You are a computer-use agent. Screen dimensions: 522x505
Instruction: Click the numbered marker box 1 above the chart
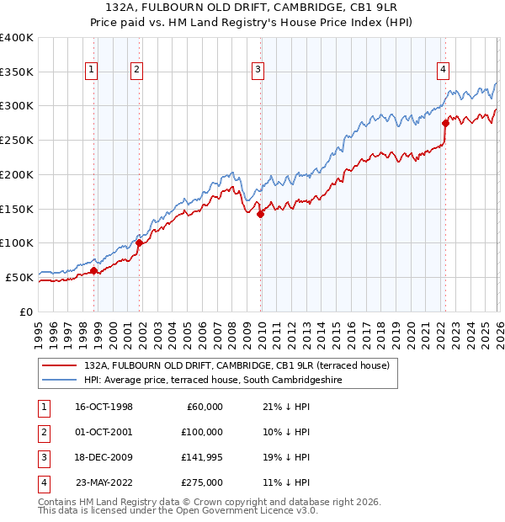pos(90,70)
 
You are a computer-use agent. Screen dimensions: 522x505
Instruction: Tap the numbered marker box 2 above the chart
pos(136,70)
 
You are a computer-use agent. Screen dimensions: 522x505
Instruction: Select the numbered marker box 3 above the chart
pos(258,70)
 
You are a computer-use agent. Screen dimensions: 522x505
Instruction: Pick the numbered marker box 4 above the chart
pos(443,70)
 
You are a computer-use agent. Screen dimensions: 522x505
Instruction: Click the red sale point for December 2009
pos(261,214)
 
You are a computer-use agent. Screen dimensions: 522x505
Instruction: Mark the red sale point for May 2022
pos(445,122)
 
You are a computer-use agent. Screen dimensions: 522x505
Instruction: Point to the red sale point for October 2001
pos(139,242)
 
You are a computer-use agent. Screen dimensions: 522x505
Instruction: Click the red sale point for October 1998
pos(94,270)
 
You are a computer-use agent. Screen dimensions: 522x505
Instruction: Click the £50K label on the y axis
pos(19,277)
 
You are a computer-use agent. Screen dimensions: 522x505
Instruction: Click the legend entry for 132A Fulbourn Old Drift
pos(236,366)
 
